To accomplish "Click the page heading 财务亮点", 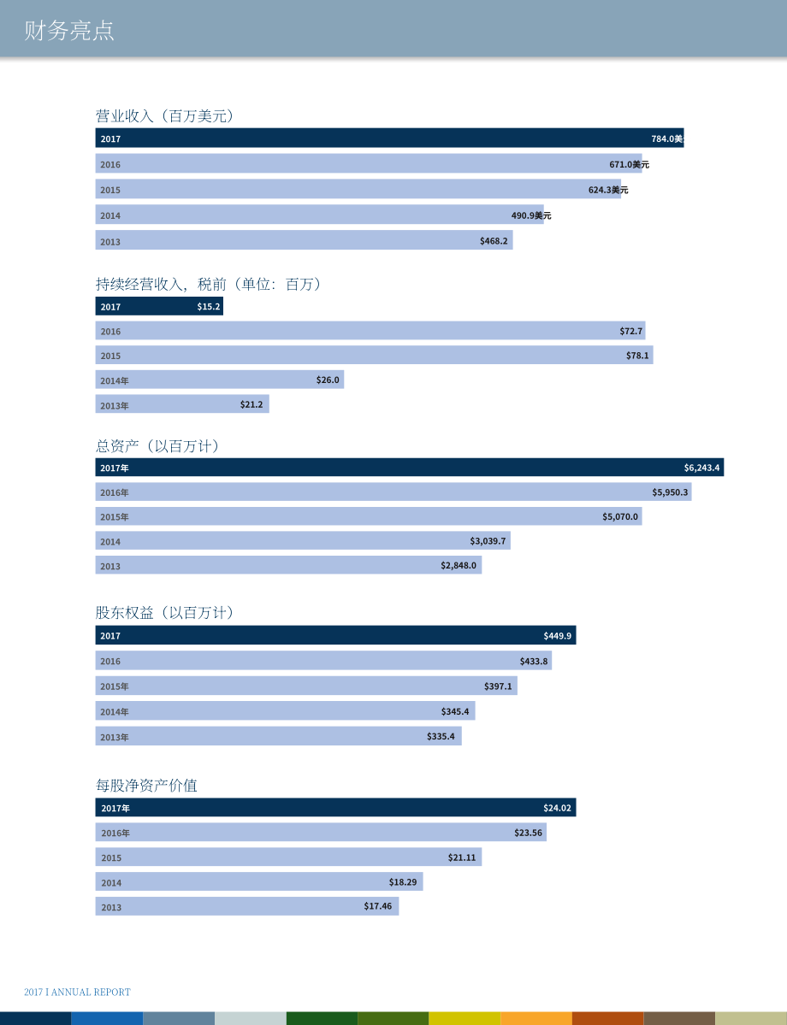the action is click(x=69, y=31).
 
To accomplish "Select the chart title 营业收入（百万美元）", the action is click(x=164, y=115).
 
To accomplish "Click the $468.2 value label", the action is click(x=494, y=241).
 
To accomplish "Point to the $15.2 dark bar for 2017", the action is click(x=159, y=306).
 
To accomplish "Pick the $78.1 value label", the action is click(x=637, y=356).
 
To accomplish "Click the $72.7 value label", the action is click(x=631, y=332).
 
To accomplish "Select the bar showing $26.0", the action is click(x=220, y=380).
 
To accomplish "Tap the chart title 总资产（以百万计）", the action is click(x=157, y=446).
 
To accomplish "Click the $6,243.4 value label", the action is click(x=702, y=468).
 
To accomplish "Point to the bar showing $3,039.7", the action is click(x=303, y=540).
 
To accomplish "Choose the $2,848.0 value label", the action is click(x=459, y=565).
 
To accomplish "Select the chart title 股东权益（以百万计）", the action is click(x=164, y=612).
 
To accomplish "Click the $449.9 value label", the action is click(x=558, y=635).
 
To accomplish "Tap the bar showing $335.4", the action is click(x=279, y=736).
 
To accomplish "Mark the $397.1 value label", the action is click(x=498, y=686).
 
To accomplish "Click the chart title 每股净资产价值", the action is click(x=146, y=785).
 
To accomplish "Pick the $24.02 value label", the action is click(x=558, y=808).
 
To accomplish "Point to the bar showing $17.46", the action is click(x=247, y=906).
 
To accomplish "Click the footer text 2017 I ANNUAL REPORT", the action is click(x=77, y=992).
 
